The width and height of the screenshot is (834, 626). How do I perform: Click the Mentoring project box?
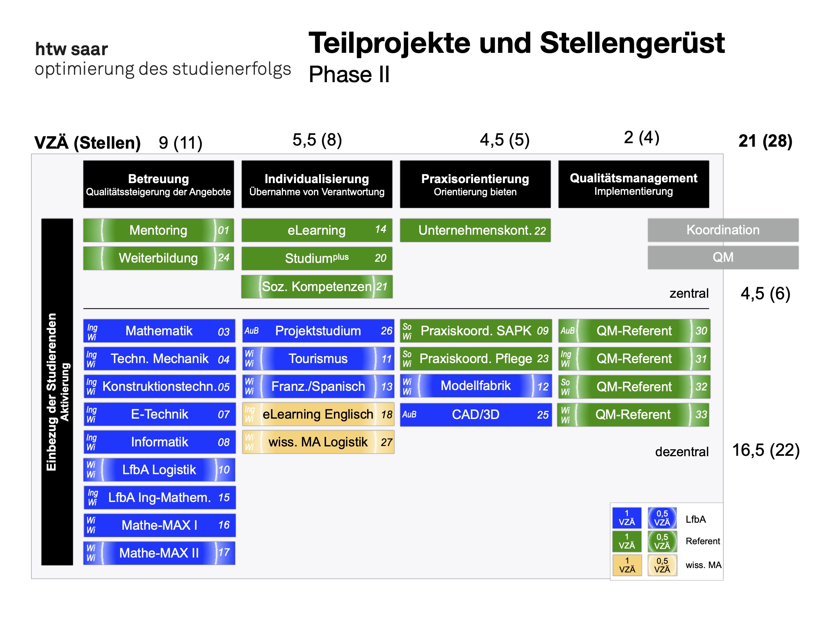[158, 230]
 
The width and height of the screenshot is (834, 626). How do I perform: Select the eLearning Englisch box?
[317, 414]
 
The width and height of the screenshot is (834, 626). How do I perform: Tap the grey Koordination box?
[723, 230]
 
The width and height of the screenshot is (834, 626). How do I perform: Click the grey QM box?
[723, 257]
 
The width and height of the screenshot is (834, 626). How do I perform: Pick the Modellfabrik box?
[475, 386]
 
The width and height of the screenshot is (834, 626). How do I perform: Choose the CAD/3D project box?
[475, 414]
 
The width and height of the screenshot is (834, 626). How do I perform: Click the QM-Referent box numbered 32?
[634, 387]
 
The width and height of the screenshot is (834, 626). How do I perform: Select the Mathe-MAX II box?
[159, 553]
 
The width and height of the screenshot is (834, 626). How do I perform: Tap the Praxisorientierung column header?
[475, 184]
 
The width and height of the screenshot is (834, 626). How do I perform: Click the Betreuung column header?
[158, 184]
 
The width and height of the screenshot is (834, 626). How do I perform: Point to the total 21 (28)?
[765, 141]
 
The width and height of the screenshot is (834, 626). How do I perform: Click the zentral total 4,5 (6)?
[765, 293]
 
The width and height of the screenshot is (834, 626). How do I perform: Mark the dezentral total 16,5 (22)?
[766, 450]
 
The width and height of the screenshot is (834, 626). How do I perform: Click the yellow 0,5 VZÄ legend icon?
[662, 565]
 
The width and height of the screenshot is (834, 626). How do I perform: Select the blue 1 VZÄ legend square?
[627, 518]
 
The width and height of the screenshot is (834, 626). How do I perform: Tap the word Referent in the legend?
[703, 541]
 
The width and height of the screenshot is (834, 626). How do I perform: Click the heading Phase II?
[349, 74]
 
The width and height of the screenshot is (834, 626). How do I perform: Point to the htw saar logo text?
[72, 49]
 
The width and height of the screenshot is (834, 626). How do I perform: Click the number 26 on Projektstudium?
[386, 331]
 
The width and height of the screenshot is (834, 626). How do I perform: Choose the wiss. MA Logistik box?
[317, 442]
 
